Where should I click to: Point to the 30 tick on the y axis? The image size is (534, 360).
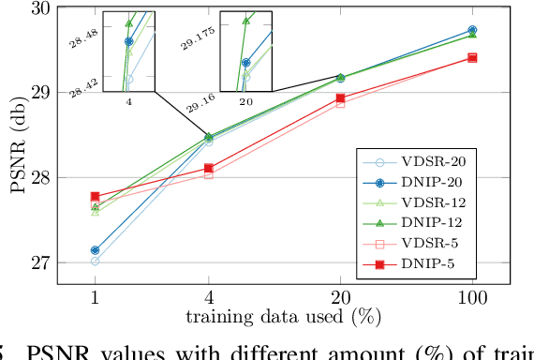pyautogui.click(x=41, y=8)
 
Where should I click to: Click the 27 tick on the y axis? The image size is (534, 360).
pyautogui.click(x=41, y=262)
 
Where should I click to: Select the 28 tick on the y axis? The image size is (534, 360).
pyautogui.click(x=41, y=177)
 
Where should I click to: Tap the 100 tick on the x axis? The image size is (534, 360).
pyautogui.click(x=471, y=298)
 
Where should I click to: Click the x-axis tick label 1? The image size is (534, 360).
pyautogui.click(x=96, y=298)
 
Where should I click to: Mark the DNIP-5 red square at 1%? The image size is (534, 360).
pyautogui.click(x=96, y=197)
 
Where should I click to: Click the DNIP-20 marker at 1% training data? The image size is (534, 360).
pyautogui.click(x=96, y=250)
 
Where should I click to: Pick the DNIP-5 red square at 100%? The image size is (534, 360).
pyautogui.click(x=471, y=57)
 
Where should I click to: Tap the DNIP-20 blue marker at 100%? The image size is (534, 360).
pyautogui.click(x=471, y=30)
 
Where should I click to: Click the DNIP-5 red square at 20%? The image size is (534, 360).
pyautogui.click(x=340, y=97)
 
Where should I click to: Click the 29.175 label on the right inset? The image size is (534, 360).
pyautogui.click(x=200, y=41)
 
